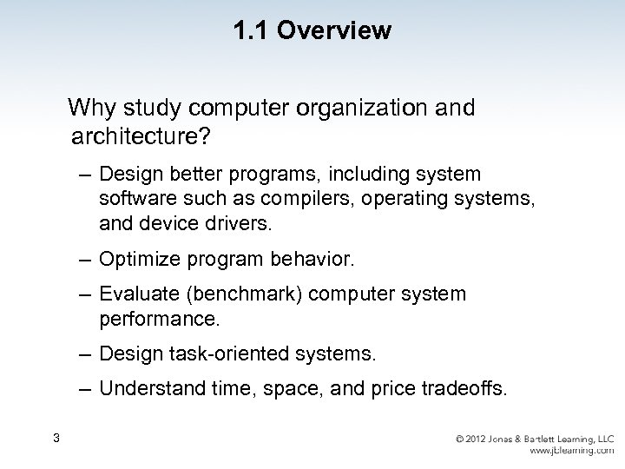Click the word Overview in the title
[x=339, y=32]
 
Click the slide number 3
[x=56, y=437]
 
